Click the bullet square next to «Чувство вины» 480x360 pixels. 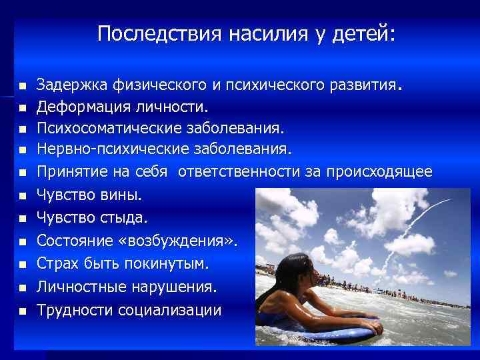coord(22,196)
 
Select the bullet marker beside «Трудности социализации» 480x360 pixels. coord(22,311)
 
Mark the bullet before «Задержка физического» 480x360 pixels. coord(22,86)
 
